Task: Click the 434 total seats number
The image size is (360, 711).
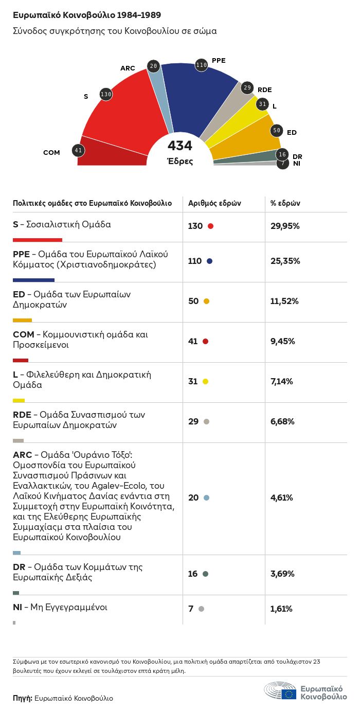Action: (179, 146)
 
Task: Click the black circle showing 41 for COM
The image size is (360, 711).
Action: (78, 151)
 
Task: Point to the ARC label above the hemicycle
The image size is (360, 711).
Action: (128, 68)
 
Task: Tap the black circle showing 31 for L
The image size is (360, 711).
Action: (263, 104)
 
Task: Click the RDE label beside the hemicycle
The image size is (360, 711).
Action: (264, 89)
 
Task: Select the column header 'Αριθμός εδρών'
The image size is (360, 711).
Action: (214, 203)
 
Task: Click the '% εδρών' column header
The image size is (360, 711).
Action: (285, 203)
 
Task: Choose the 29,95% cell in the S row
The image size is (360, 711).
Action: (285, 226)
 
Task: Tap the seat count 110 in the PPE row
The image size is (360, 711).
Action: (195, 261)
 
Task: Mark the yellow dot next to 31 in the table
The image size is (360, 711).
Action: (205, 382)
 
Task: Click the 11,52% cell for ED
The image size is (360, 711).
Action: (284, 301)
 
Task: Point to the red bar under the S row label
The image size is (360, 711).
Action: (37, 240)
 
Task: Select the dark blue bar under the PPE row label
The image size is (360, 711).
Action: (33, 280)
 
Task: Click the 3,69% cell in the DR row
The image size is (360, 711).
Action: (282, 574)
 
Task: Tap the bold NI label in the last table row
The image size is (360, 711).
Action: (17, 607)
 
